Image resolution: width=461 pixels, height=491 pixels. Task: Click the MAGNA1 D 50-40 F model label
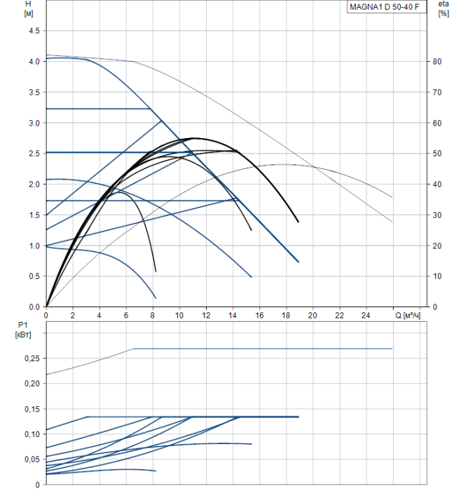[385, 7]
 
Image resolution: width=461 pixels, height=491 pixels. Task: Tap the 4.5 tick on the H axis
[34, 31]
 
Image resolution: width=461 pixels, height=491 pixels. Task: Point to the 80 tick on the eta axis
[437, 62]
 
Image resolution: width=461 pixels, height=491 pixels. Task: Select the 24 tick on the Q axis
[366, 316]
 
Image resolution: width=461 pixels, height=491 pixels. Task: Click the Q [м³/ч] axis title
[408, 316]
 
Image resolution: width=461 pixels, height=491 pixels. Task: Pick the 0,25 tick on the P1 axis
[32, 358]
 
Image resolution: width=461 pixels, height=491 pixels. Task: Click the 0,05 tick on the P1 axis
[32, 459]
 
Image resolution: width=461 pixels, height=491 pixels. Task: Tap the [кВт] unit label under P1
[23, 335]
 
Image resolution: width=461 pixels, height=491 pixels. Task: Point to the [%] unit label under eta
[443, 13]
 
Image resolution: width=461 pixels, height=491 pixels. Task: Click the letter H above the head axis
[28, 4]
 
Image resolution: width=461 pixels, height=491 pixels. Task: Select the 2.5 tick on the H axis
[34, 154]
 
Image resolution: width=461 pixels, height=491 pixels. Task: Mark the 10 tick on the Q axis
[179, 316]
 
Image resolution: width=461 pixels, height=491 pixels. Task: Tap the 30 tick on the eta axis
[437, 215]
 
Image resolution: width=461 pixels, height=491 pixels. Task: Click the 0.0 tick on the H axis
[34, 307]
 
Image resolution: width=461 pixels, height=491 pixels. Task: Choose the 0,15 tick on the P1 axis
[32, 409]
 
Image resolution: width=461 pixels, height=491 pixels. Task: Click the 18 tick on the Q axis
[286, 316]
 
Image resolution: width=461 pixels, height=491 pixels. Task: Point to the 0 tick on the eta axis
[435, 307]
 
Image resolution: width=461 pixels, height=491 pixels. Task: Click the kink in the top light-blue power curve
[135, 349]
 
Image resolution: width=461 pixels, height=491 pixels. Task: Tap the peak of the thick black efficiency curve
[193, 138]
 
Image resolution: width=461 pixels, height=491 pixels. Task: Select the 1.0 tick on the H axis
[34, 246]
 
